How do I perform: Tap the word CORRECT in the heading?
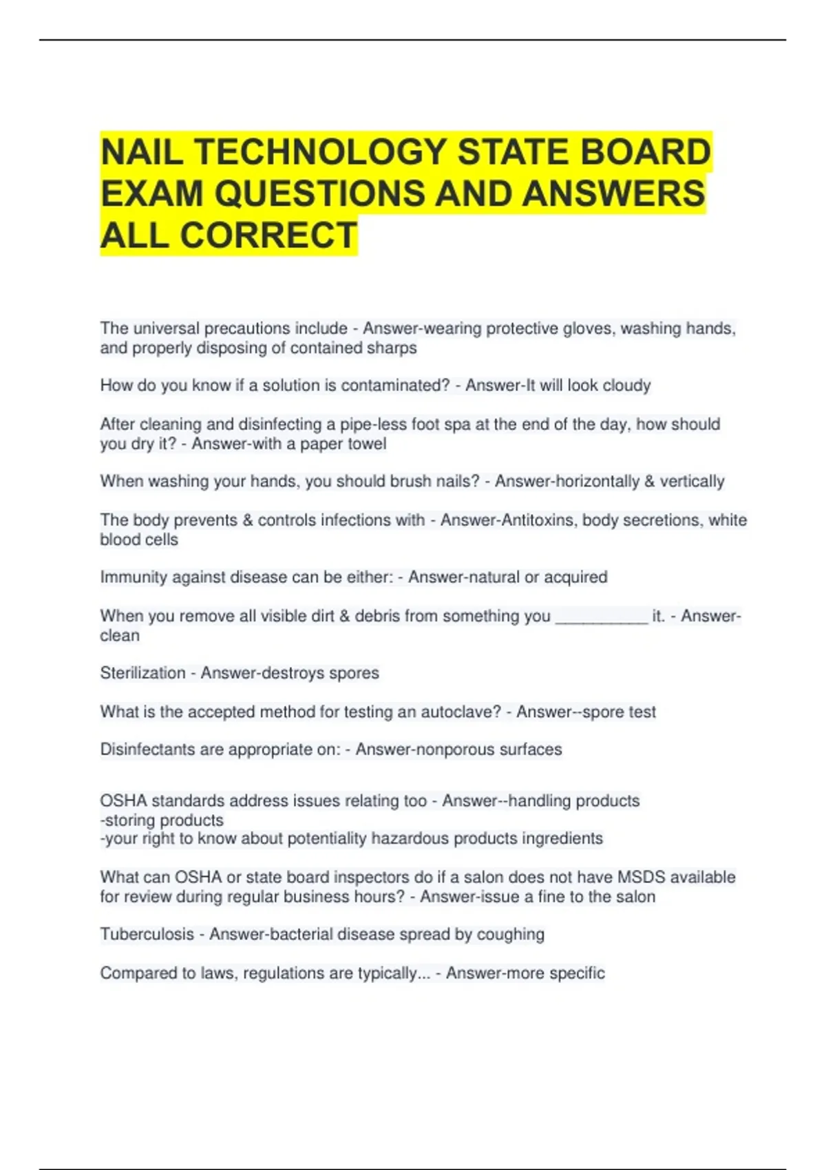[x=268, y=235]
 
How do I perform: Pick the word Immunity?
[x=129, y=577]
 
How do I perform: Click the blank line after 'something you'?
[x=602, y=617]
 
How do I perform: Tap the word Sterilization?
[x=142, y=672]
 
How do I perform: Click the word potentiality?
[x=327, y=838]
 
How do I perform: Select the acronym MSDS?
[x=642, y=877]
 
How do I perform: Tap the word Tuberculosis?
[x=147, y=934]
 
